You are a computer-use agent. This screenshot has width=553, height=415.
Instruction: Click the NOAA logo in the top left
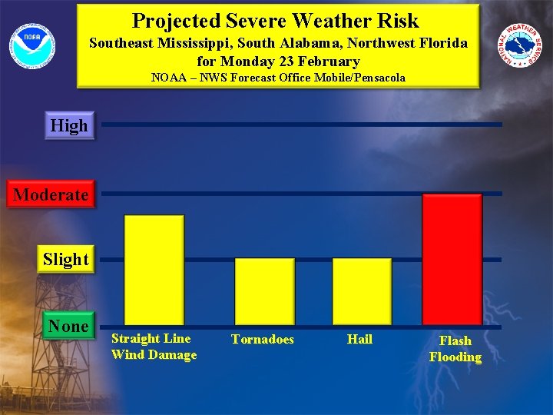(x=32, y=45)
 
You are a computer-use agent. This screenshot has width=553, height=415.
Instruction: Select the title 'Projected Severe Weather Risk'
(x=276, y=20)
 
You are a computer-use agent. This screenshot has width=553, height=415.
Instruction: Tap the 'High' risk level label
(x=69, y=125)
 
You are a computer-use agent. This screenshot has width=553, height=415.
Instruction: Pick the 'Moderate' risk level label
(x=51, y=194)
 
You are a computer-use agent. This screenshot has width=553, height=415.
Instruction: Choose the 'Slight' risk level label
(x=66, y=259)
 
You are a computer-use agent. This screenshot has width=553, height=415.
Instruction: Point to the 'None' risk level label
(x=68, y=326)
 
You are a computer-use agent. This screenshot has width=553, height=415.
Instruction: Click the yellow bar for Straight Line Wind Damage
(x=154, y=269)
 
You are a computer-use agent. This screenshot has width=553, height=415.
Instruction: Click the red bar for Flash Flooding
(x=452, y=258)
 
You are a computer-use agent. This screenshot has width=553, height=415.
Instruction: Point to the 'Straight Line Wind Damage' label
(x=154, y=346)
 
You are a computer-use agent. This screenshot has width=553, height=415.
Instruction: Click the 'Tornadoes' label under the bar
(x=263, y=339)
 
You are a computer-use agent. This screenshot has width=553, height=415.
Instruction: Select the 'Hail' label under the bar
(x=359, y=339)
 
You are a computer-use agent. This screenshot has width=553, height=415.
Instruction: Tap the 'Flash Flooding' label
(x=455, y=348)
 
